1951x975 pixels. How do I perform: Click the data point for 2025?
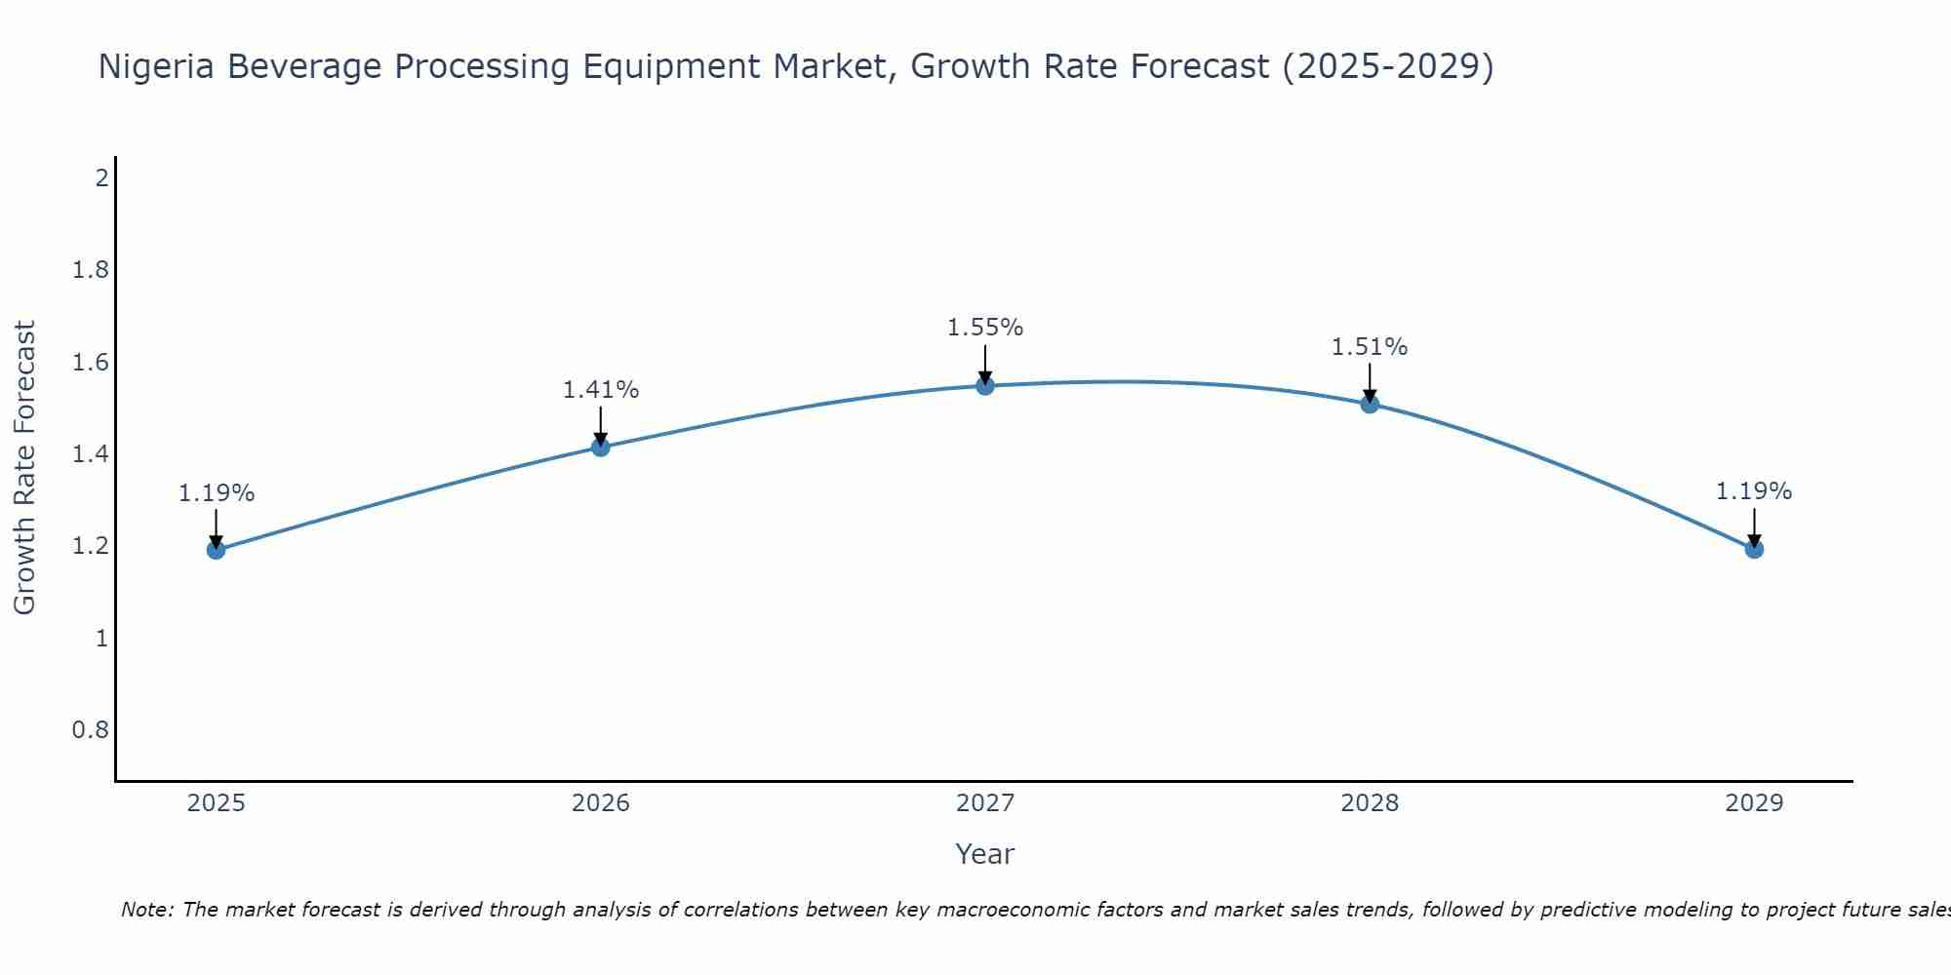[x=216, y=550]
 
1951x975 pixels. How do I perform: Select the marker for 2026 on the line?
[x=601, y=448]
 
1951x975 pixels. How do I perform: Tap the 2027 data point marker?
[x=985, y=386]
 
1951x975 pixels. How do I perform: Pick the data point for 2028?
[x=1370, y=404]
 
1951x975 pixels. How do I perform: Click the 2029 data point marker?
[x=1754, y=549]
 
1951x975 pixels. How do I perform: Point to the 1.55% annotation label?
[x=985, y=328]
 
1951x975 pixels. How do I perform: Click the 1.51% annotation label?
[x=1370, y=347]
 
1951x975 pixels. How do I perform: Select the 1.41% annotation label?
[x=601, y=390]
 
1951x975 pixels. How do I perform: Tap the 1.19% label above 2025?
[x=216, y=493]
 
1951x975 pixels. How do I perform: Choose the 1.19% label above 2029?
[x=1754, y=491]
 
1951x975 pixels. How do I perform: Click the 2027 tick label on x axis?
[x=985, y=803]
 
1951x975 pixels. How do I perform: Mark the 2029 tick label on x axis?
[x=1754, y=803]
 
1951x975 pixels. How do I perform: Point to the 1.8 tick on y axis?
[x=91, y=270]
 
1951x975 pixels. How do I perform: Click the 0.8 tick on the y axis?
[x=91, y=730]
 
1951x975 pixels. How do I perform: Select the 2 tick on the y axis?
[x=101, y=178]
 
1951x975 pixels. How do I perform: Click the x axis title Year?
[x=985, y=854]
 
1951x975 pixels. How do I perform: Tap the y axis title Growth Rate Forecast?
[x=24, y=468]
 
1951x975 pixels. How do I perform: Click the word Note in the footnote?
[x=146, y=910]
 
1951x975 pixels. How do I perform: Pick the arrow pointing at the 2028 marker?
[x=1370, y=381]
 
